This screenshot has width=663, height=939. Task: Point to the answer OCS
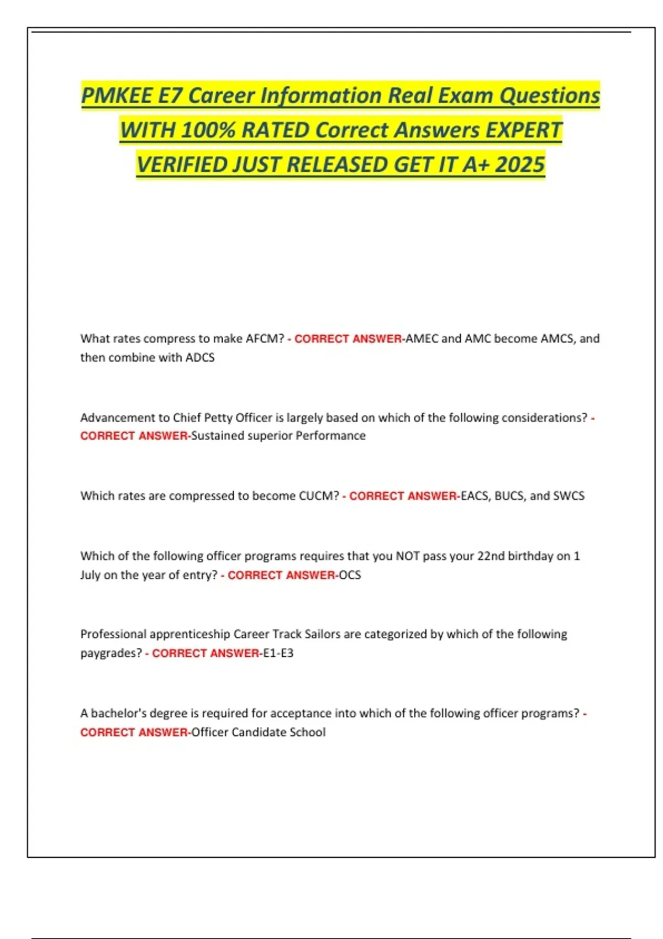tap(350, 575)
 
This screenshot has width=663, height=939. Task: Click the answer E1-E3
tap(278, 653)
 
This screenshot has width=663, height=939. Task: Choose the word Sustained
tap(218, 436)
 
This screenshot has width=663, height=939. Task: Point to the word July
tap(90, 575)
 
